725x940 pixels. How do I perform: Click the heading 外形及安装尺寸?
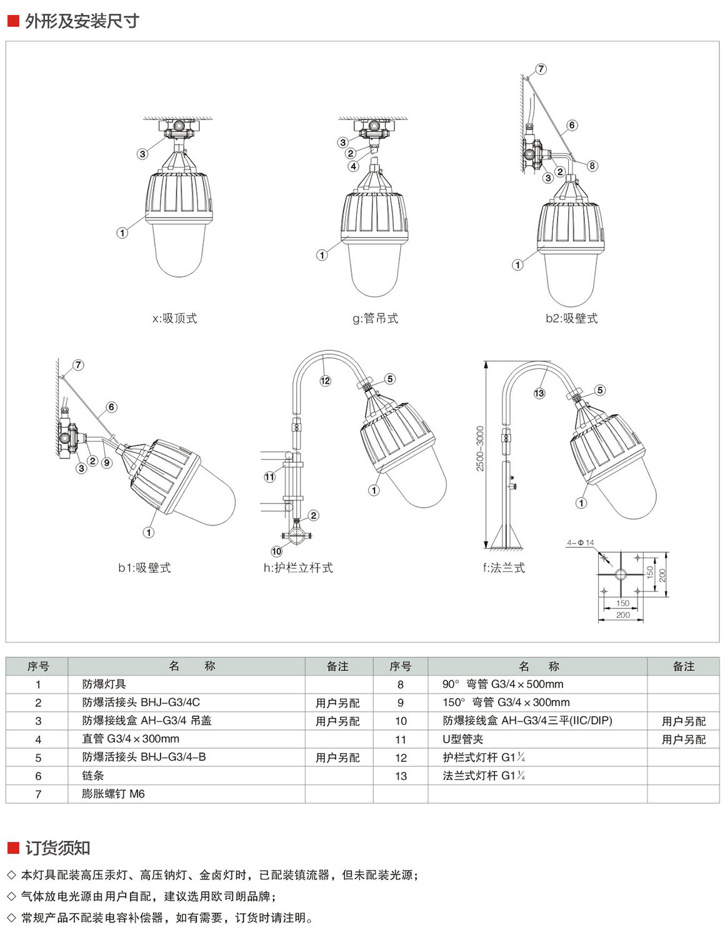point(82,21)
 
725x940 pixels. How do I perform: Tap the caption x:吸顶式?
point(174,318)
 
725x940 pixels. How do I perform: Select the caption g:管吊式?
point(375,318)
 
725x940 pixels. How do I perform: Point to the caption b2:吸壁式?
point(571,318)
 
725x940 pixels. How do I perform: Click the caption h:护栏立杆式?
point(298,567)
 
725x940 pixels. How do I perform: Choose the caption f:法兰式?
point(504,567)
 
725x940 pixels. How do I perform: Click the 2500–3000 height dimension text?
point(480,448)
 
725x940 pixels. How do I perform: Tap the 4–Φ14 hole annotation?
point(581,542)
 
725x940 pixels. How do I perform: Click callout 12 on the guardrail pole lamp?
point(325,381)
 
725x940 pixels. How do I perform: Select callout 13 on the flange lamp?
point(539,393)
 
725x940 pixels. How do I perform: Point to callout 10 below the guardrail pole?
point(277,551)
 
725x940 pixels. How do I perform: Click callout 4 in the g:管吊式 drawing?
point(354,166)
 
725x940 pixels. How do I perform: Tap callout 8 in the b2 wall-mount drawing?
point(592,166)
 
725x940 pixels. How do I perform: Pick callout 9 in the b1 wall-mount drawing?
point(107,463)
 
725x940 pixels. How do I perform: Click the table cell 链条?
point(93,776)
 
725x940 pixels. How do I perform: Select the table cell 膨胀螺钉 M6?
point(113,794)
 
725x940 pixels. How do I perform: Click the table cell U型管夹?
point(462,739)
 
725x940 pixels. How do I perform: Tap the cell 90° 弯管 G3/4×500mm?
point(502,684)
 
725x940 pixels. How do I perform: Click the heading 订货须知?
point(57,848)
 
